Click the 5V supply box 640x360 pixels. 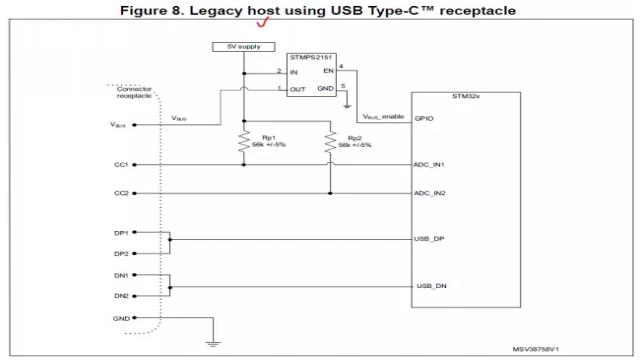coord(243,47)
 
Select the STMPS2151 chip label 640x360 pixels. coord(311,58)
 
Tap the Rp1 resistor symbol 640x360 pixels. coord(243,143)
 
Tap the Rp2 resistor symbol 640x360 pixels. coord(331,143)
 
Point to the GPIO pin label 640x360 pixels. coord(423,117)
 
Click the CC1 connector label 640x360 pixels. coord(121,164)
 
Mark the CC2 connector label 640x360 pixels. coord(121,191)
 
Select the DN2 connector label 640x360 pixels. coord(121,296)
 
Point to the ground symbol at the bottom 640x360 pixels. coord(211,343)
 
